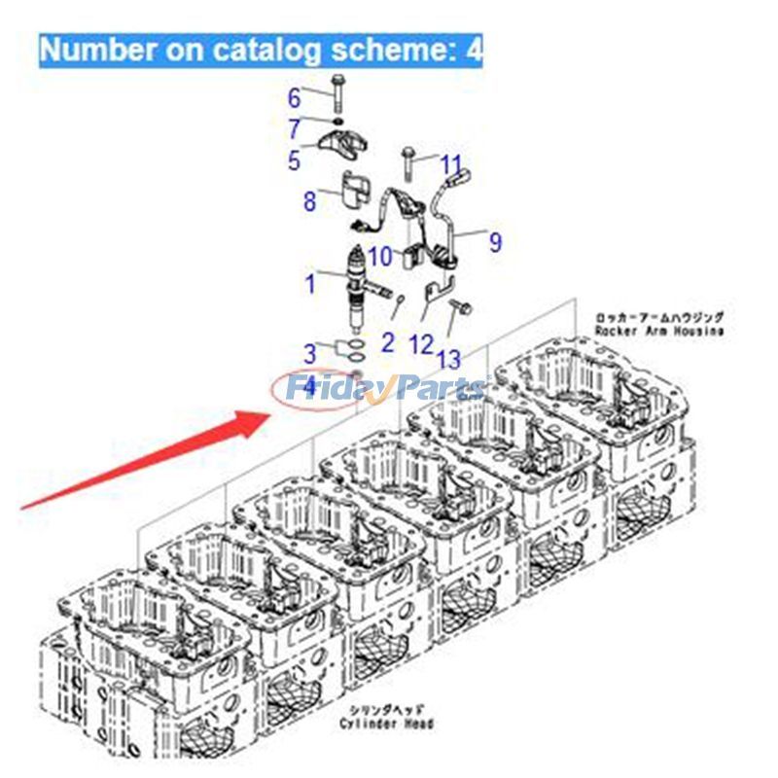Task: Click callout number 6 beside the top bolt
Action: [294, 97]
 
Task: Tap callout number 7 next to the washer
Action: [294, 128]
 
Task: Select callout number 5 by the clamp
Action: [294, 160]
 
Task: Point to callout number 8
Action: [309, 202]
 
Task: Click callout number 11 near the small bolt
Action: [452, 164]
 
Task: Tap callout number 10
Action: [380, 256]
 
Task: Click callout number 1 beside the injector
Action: [310, 284]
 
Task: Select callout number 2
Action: [387, 341]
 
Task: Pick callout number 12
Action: [420, 342]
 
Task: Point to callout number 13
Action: [448, 359]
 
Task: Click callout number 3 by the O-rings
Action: [309, 353]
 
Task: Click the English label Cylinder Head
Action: [386, 724]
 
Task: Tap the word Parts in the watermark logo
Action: [438, 389]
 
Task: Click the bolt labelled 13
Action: [460, 311]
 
